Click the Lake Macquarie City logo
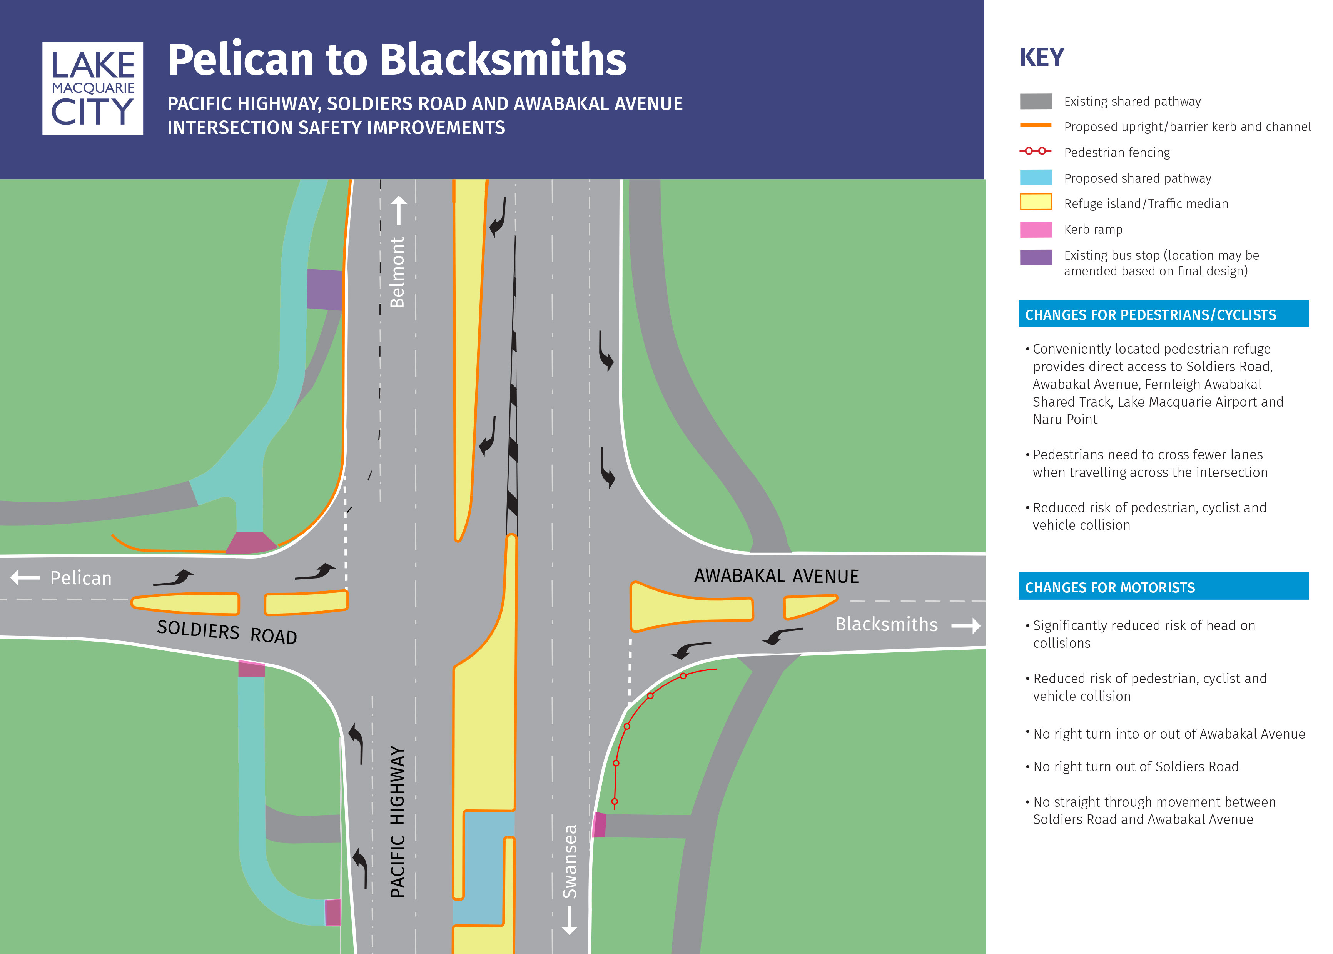92,88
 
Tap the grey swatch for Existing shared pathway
1036,102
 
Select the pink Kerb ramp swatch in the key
1036,230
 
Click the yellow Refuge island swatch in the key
1036,203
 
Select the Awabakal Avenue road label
776,576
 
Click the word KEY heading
1042,58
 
